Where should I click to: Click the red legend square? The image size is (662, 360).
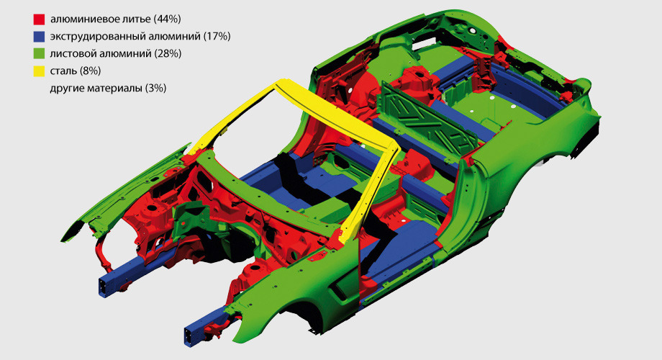(x=39, y=19)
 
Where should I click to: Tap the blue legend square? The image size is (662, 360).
(x=39, y=37)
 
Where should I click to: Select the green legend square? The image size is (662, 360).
(x=39, y=54)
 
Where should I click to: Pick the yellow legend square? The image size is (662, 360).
(x=39, y=71)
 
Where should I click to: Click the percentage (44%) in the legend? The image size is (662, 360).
(x=168, y=19)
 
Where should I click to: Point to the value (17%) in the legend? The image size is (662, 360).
(x=217, y=36)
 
